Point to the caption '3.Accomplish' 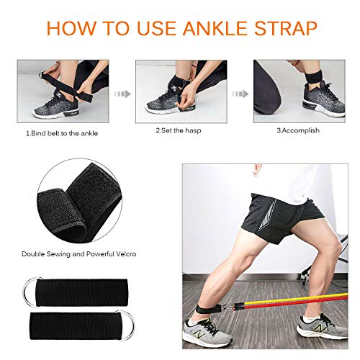[295, 131]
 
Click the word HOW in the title [72, 28]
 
